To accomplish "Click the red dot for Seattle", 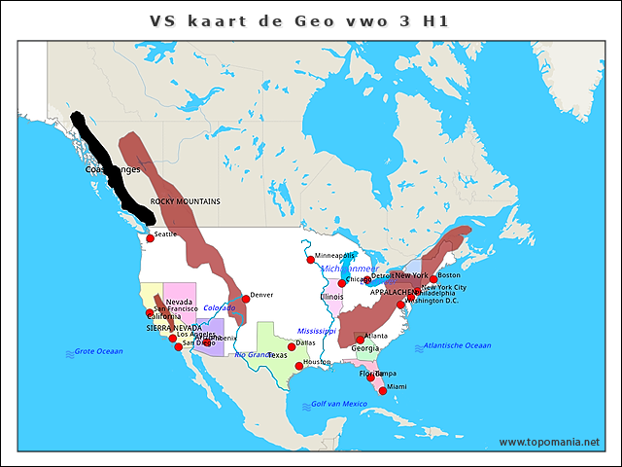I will [150, 238].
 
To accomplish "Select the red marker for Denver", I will [246, 299].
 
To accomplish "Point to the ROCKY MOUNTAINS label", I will [185, 201].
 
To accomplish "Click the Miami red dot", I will [383, 391].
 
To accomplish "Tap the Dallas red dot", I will [292, 346].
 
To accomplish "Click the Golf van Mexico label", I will [338, 404].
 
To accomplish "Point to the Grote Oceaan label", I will [98, 351].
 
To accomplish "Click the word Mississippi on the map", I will [316, 331].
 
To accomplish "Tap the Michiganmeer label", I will [349, 269].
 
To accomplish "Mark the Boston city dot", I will [433, 278].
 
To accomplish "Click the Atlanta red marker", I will [360, 340].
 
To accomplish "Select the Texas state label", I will [277, 355].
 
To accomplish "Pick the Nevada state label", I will [179, 302].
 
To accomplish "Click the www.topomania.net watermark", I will [549, 442].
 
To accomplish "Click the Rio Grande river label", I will [252, 354].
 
